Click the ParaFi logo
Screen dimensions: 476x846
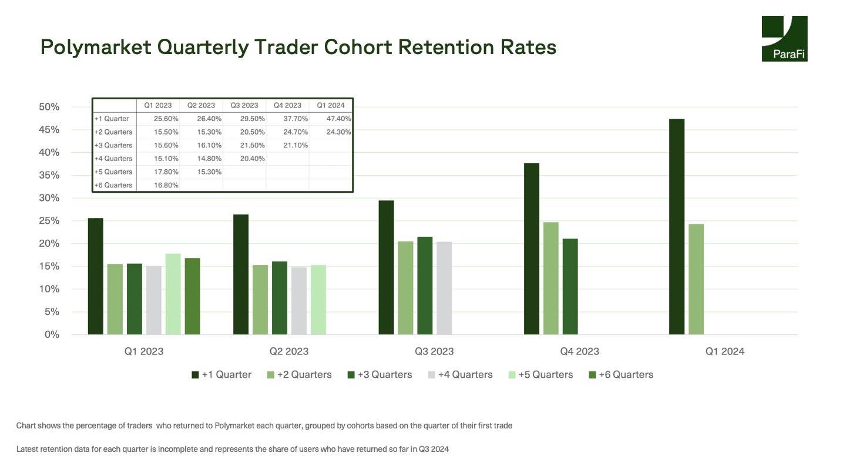point(784,38)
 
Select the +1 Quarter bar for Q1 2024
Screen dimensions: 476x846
point(677,227)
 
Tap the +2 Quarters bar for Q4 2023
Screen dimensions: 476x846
point(550,279)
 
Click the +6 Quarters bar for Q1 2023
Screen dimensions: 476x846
point(193,296)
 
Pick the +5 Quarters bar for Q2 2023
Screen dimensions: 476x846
point(318,300)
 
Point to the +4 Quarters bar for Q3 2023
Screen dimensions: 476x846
point(444,288)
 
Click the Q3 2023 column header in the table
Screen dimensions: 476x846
point(244,105)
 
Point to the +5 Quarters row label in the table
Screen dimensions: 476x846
point(113,172)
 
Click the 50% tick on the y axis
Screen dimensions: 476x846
point(49,107)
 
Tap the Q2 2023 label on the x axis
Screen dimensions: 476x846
point(289,351)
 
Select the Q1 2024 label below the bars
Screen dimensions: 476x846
point(725,351)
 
